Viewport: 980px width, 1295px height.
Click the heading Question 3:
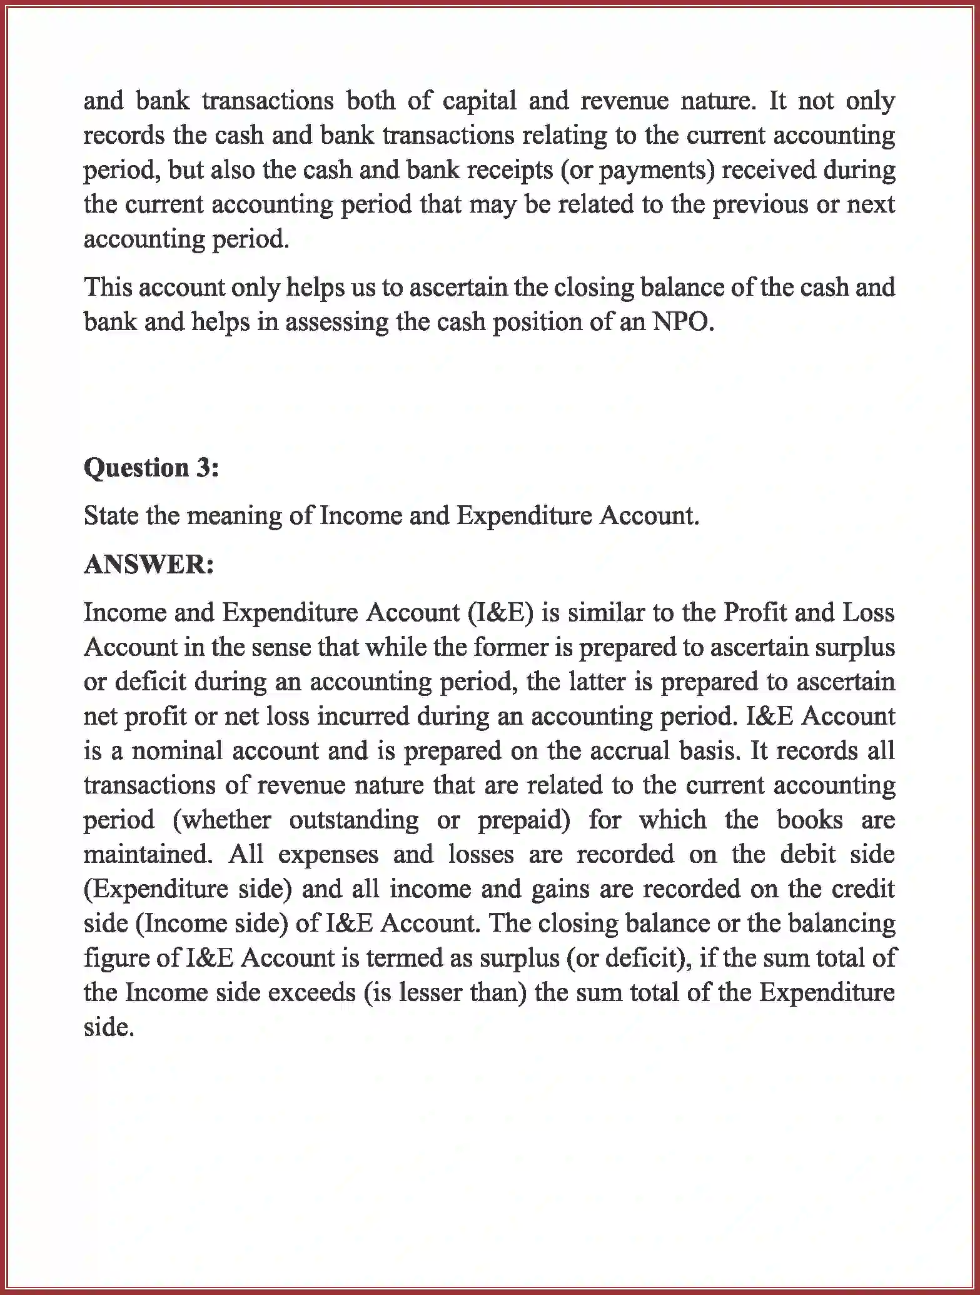151,468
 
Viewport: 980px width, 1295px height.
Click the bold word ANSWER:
149,565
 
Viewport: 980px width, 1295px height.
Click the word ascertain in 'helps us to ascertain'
458,288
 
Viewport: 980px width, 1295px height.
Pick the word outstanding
353,820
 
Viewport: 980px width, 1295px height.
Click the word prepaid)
524,820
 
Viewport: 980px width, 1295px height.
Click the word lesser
427,992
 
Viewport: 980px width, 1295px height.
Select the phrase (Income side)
211,924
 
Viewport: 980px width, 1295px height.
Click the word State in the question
110,516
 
